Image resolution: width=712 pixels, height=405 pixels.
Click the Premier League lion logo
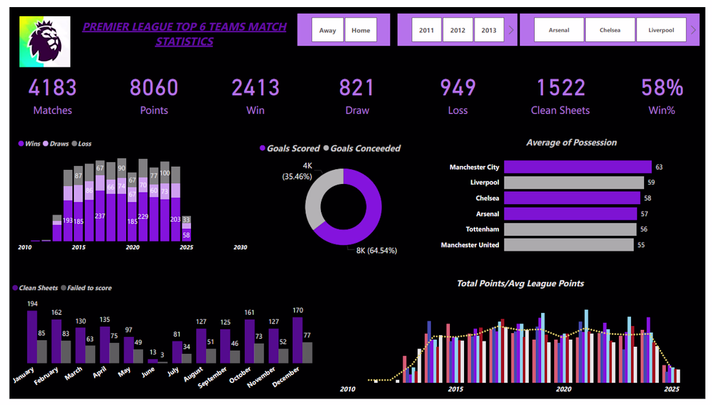click(45, 41)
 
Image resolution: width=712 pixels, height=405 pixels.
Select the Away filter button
click(328, 30)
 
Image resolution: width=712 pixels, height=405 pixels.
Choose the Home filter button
click(361, 30)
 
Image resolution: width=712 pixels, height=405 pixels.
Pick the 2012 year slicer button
click(458, 30)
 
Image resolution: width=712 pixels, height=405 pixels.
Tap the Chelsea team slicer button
click(610, 30)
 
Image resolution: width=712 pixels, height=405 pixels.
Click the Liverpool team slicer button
click(661, 30)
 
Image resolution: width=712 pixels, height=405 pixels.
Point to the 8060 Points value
click(154, 88)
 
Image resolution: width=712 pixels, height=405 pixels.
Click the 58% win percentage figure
click(662, 88)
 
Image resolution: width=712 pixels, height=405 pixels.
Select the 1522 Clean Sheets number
click(561, 88)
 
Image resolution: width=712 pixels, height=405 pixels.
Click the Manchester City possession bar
click(577, 167)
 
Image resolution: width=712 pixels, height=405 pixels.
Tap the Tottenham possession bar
click(570, 229)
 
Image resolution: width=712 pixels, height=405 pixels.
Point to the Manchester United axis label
click(470, 245)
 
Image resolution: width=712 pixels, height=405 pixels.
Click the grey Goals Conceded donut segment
click(317, 194)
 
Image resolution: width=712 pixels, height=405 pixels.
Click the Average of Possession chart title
click(572, 143)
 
